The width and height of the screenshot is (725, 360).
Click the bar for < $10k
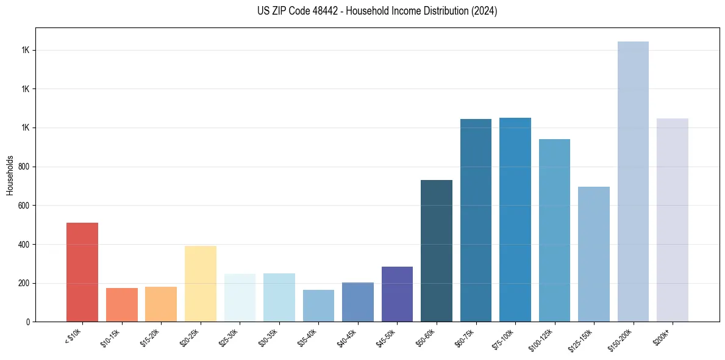pyautogui.click(x=82, y=272)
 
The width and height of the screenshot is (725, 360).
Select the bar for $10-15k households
pyautogui.click(x=121, y=304)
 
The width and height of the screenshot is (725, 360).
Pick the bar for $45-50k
pyautogui.click(x=397, y=294)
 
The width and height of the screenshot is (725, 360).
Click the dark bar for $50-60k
pyautogui.click(x=437, y=251)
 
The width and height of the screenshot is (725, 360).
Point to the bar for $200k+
pyautogui.click(x=673, y=220)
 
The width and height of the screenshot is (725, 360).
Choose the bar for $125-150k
pyautogui.click(x=594, y=254)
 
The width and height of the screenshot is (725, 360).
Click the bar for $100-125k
pyautogui.click(x=554, y=230)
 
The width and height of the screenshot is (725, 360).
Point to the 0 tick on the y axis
pyautogui.click(x=28, y=322)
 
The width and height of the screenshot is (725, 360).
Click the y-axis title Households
pyautogui.click(x=10, y=175)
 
